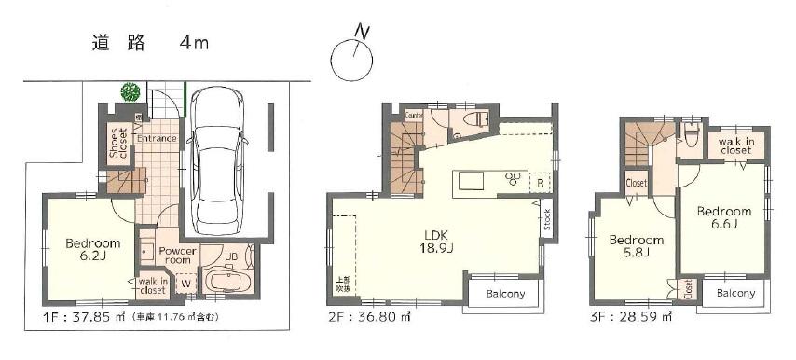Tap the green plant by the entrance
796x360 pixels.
(x=130, y=91)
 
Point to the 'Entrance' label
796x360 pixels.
(x=156, y=139)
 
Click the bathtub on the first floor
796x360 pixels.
(x=227, y=281)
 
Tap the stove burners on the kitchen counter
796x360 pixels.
(x=514, y=179)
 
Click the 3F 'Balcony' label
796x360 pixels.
(x=737, y=293)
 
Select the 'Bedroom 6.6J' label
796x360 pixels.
(x=724, y=217)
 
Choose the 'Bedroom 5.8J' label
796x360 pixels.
(x=637, y=245)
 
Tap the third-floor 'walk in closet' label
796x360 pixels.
(x=735, y=145)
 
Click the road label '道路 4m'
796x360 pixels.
(x=150, y=42)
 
